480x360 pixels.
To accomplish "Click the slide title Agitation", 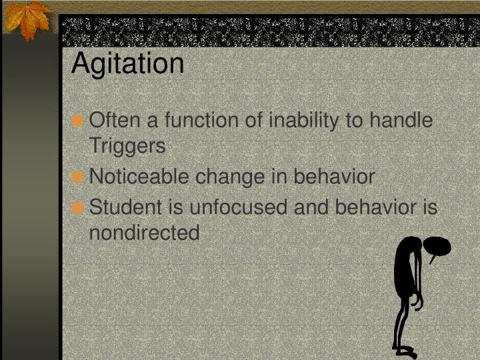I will tap(127, 63).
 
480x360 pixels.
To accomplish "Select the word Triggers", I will tap(127, 147).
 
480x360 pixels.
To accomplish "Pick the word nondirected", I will tap(144, 233).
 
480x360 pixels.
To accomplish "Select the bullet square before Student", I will tap(79, 208).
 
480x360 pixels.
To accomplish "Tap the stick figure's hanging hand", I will tap(417, 303).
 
